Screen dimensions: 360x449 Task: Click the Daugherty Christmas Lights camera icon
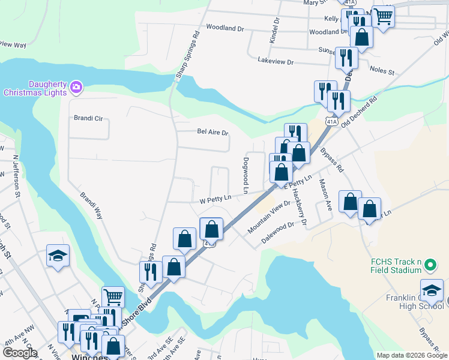(76, 88)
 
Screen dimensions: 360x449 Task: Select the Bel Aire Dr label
(213, 132)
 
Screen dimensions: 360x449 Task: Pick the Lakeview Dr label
(275, 62)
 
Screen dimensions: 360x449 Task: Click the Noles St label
(382, 71)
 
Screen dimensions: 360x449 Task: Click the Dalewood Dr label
(277, 233)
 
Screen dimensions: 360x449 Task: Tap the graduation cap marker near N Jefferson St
(58, 256)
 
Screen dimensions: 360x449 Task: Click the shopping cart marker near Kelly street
(382, 16)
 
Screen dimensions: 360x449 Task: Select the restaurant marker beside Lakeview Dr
(346, 57)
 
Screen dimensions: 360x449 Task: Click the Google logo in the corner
(20, 353)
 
